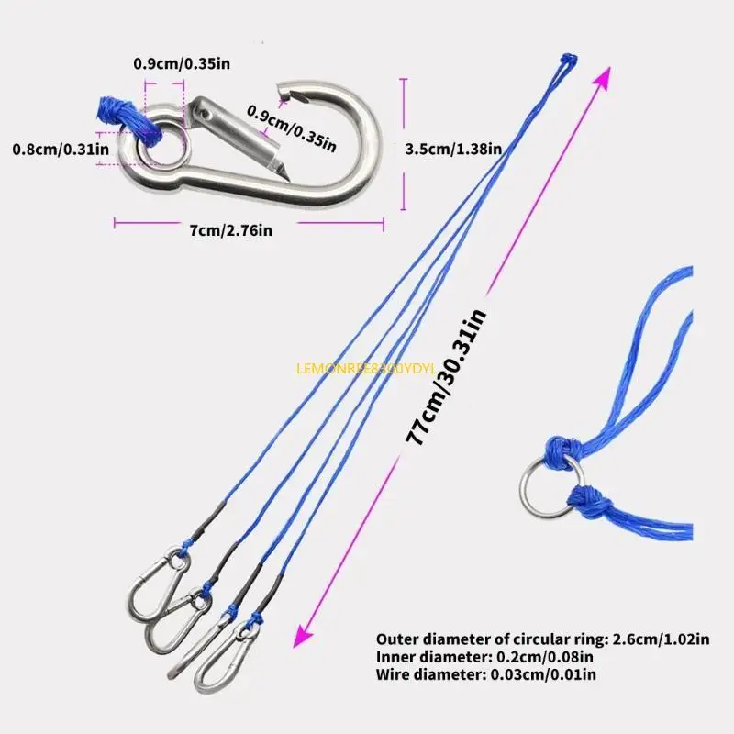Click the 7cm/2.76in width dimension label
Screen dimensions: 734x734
pyautogui.click(x=230, y=230)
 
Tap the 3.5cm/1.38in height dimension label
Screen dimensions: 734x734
pyautogui.click(x=453, y=148)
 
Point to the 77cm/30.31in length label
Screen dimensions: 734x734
pyautogui.click(x=449, y=377)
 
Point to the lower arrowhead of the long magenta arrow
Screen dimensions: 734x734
pyautogui.click(x=300, y=640)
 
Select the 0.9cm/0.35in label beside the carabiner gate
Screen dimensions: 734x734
pyautogui.click(x=291, y=126)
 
